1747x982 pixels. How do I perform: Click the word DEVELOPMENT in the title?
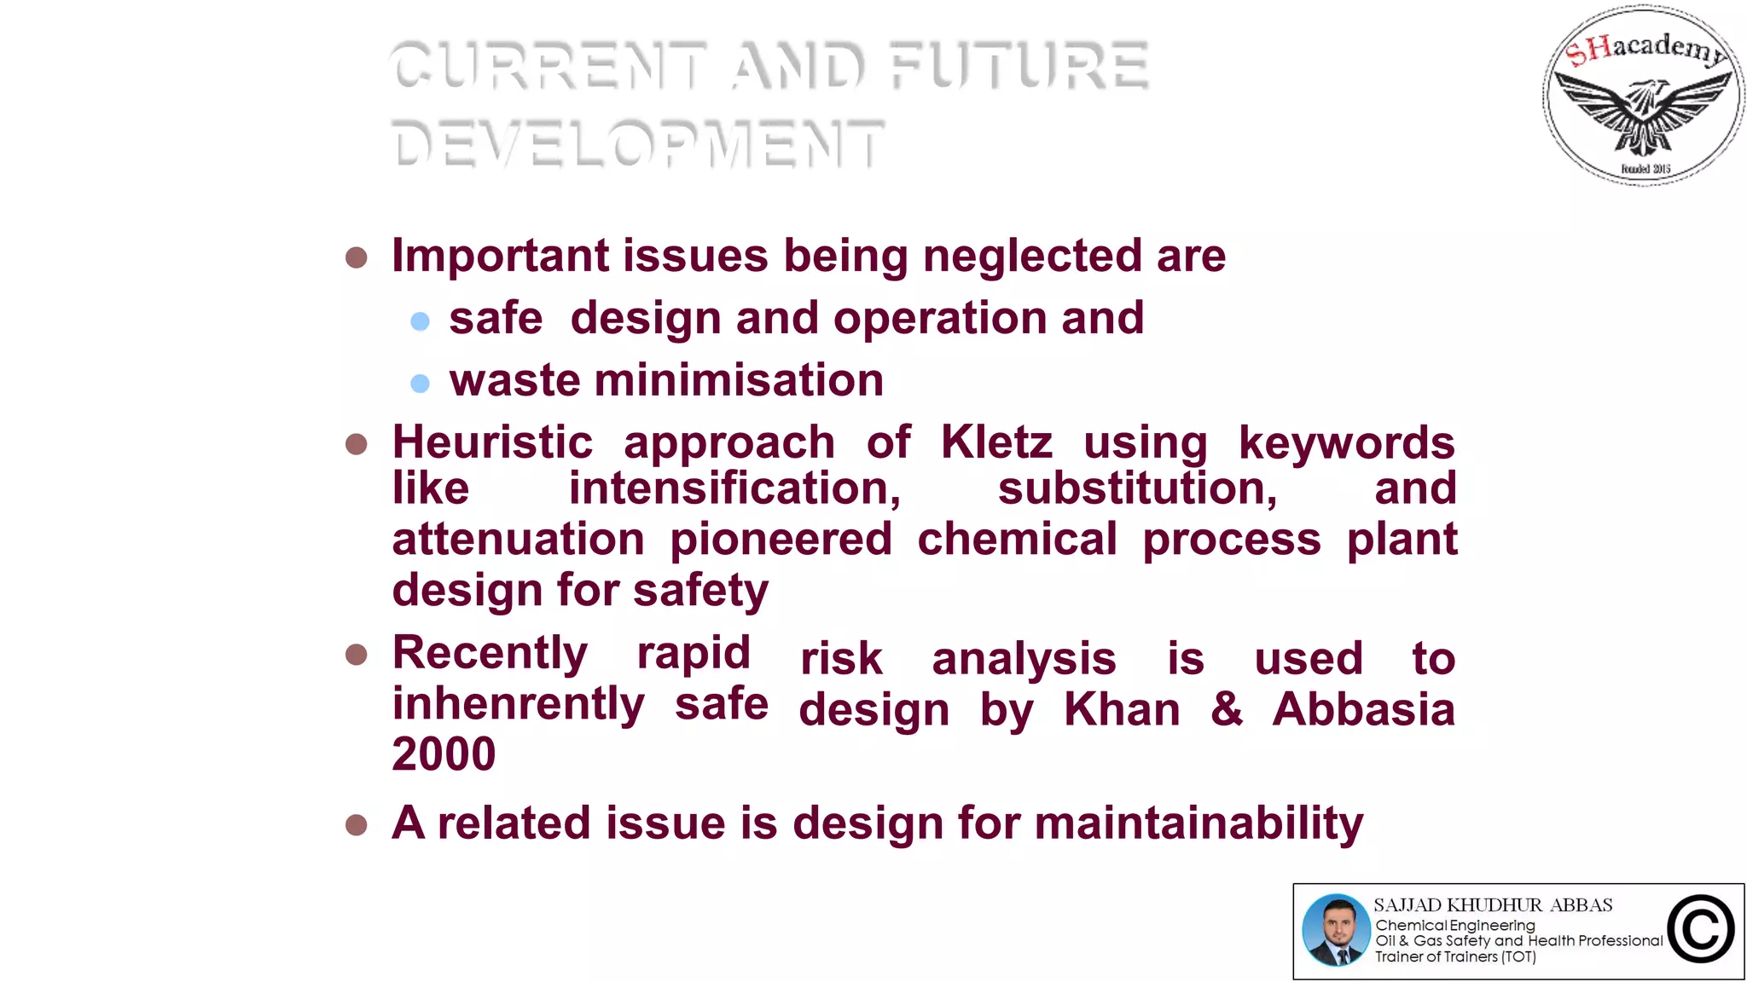click(x=638, y=143)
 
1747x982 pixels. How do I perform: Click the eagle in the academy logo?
click(x=1644, y=111)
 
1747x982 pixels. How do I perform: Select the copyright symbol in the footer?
click(x=1701, y=930)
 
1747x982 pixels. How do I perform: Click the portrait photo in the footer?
click(x=1336, y=930)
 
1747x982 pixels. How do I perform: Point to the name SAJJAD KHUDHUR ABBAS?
click(x=1493, y=905)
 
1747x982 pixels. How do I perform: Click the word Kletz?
click(x=996, y=442)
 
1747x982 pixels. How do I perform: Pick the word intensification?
click(x=734, y=489)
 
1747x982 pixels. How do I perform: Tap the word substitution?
click(x=1137, y=489)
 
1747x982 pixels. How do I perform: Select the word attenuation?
click(x=518, y=540)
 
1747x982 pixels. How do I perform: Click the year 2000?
click(x=444, y=754)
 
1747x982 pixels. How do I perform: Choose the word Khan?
click(x=1122, y=709)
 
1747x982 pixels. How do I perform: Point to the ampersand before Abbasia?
click(x=1227, y=709)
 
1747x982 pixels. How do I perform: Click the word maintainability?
click(x=1199, y=823)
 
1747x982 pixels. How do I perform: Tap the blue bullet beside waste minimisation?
click(x=420, y=384)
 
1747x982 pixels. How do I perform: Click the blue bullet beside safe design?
click(x=420, y=321)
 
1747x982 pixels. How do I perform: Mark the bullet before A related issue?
click(x=357, y=825)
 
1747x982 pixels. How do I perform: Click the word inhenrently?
click(x=518, y=704)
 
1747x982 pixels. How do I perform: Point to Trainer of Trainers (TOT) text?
click(x=1455, y=957)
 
